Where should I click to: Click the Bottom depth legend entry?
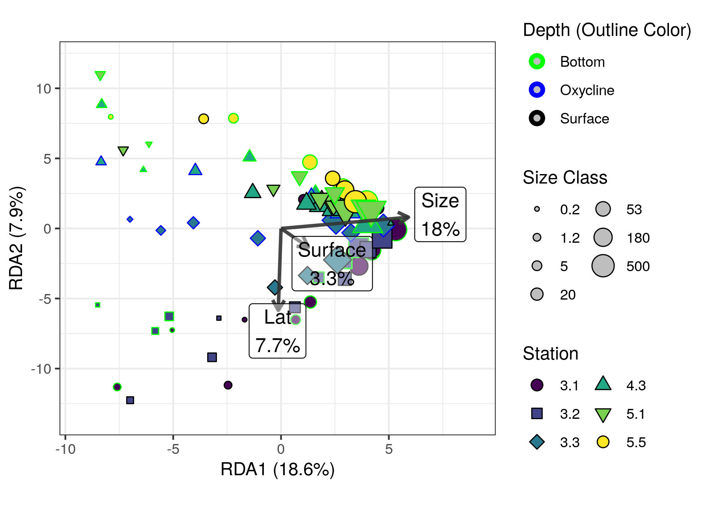pos(582,62)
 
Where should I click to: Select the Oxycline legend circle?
pos(537,90)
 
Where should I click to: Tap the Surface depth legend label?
pos(584,119)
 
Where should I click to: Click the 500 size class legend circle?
pos(603,266)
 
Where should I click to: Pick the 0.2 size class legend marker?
pos(537,209)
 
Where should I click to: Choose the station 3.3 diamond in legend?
pos(537,442)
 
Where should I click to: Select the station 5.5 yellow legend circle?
pos(603,442)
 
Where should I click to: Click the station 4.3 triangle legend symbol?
pos(603,384)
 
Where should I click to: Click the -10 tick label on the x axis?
pos(65,449)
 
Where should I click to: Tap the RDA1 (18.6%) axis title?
pos(277,470)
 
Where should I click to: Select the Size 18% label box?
pos(440,214)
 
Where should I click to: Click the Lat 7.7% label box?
pos(277,331)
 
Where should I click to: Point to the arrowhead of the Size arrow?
pos(409,217)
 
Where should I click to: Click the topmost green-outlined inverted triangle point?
pos(100,75)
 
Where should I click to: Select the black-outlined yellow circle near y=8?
pos(204,118)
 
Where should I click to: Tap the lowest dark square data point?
pos(130,400)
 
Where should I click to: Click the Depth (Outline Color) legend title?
pos(607,30)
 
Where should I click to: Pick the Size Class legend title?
pos(564,178)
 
